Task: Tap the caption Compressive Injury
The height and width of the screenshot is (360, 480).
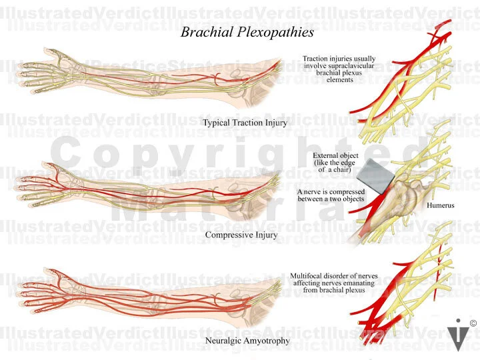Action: tap(241, 235)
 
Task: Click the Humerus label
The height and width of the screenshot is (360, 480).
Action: tap(441, 205)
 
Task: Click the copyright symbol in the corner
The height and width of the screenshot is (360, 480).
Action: tap(473, 323)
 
